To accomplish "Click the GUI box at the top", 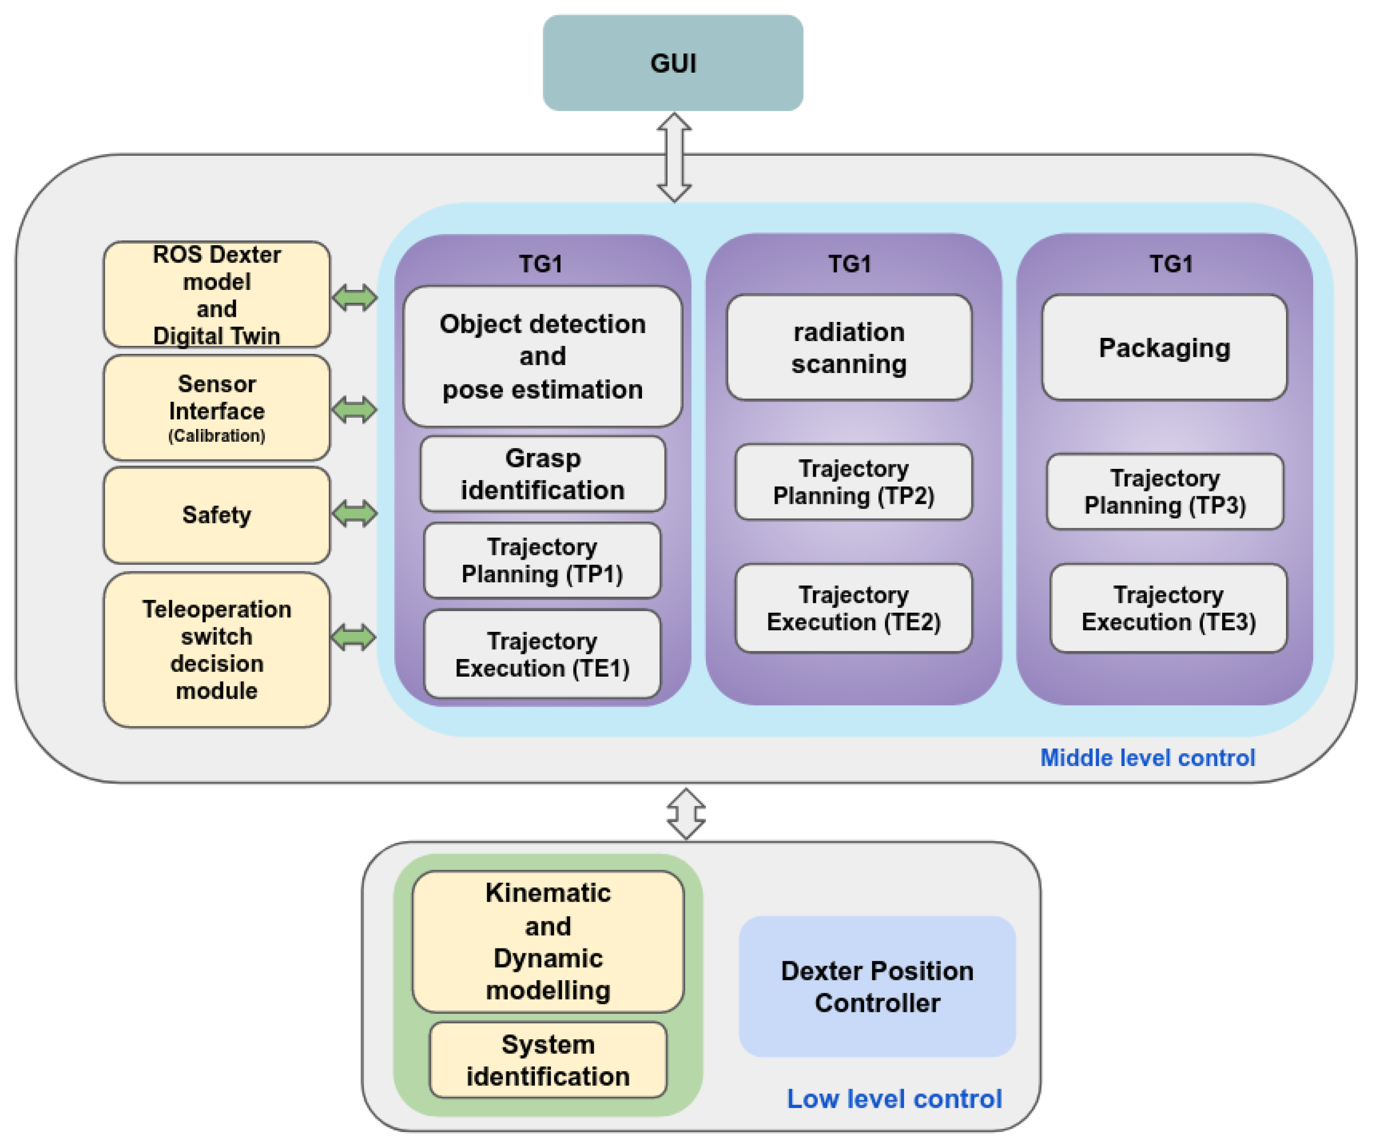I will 673,63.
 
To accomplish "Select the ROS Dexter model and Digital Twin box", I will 216,294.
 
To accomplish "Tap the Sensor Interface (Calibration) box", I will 216,408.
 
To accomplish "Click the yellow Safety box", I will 216,515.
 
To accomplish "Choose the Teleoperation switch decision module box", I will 216,649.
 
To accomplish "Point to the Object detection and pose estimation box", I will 542,356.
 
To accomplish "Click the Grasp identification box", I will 542,474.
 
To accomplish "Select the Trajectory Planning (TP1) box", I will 542,560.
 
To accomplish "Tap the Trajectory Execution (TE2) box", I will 853,608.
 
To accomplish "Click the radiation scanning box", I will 848,348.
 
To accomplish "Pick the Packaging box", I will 1164,348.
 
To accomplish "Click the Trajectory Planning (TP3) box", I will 1165,491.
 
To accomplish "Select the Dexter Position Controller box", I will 877,986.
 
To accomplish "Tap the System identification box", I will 548,1060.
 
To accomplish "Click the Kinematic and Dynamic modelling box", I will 548,942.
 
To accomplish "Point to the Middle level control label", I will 1147,758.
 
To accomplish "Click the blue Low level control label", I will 894,1099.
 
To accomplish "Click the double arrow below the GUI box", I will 674,158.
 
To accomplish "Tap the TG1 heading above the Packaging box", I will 1171,264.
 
